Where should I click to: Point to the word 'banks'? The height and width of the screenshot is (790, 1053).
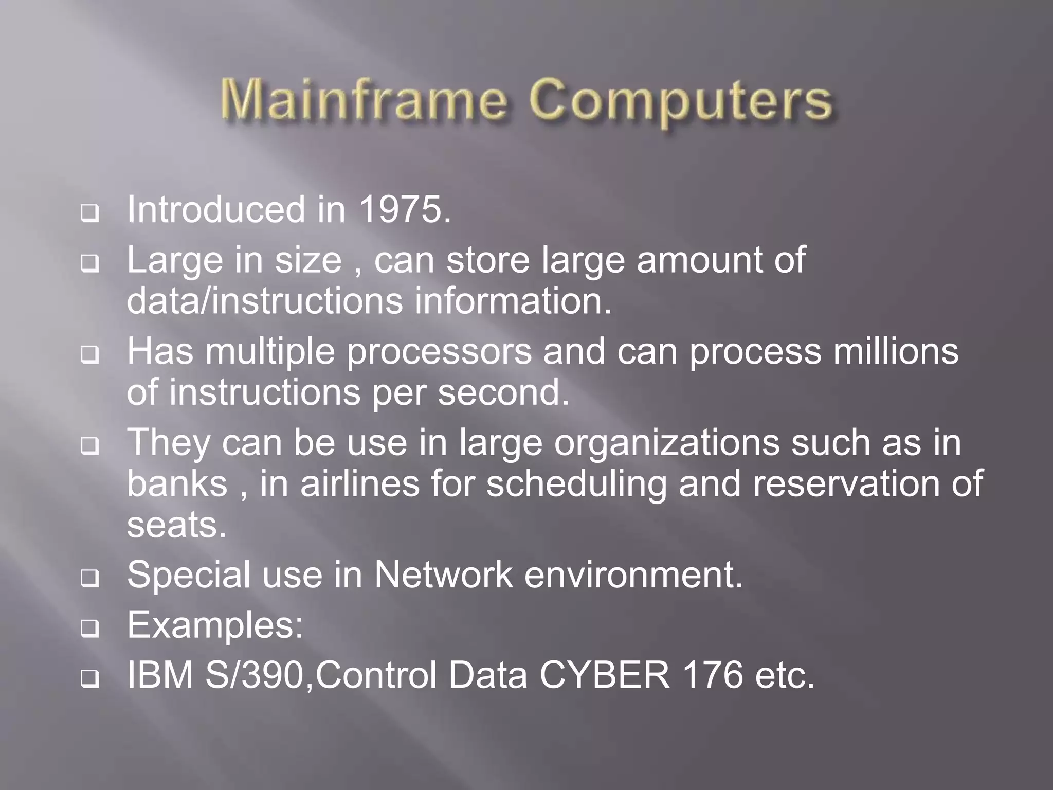click(x=177, y=484)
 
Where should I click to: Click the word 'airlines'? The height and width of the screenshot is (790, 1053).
click(x=360, y=484)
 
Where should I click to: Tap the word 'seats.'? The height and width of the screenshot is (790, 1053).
click(x=177, y=526)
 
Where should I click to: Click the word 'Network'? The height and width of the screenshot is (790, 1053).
click(x=443, y=575)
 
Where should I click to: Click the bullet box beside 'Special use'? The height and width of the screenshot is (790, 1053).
click(x=90, y=579)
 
